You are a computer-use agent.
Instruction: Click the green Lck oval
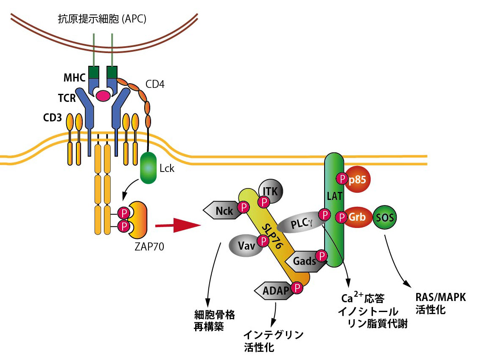148,169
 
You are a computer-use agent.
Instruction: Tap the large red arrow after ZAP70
177,225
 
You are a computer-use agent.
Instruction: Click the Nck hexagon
221,210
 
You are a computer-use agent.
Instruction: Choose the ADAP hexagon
273,290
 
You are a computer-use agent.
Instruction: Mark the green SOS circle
384,218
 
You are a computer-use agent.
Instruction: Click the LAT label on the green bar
333,196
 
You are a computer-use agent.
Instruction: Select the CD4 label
155,84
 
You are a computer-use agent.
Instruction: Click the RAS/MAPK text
440,298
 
